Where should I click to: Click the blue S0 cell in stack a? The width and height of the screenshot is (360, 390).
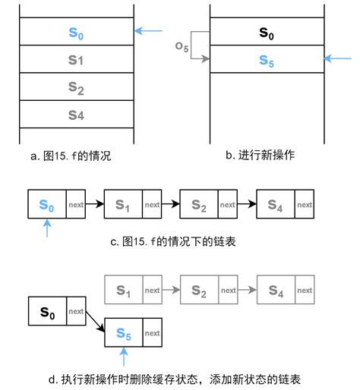click(75, 32)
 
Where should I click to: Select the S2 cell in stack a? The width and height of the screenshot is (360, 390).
click(75, 86)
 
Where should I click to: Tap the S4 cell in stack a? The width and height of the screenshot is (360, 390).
click(75, 115)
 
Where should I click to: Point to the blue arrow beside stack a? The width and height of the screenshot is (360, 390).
click(150, 31)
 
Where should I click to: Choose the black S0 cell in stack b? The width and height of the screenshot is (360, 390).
click(267, 33)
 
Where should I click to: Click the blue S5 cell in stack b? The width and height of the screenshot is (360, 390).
click(267, 59)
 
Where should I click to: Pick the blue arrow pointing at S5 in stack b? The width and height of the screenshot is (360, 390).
click(339, 58)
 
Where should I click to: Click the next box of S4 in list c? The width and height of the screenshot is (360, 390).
click(305, 205)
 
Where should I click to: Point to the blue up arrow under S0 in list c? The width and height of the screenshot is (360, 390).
click(47, 228)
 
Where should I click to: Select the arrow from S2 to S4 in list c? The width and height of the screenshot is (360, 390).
click(248, 205)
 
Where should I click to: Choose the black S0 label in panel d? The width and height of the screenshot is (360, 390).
click(47, 311)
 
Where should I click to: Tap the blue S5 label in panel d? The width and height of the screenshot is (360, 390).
click(124, 332)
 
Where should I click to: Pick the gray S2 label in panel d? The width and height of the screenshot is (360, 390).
click(200, 290)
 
